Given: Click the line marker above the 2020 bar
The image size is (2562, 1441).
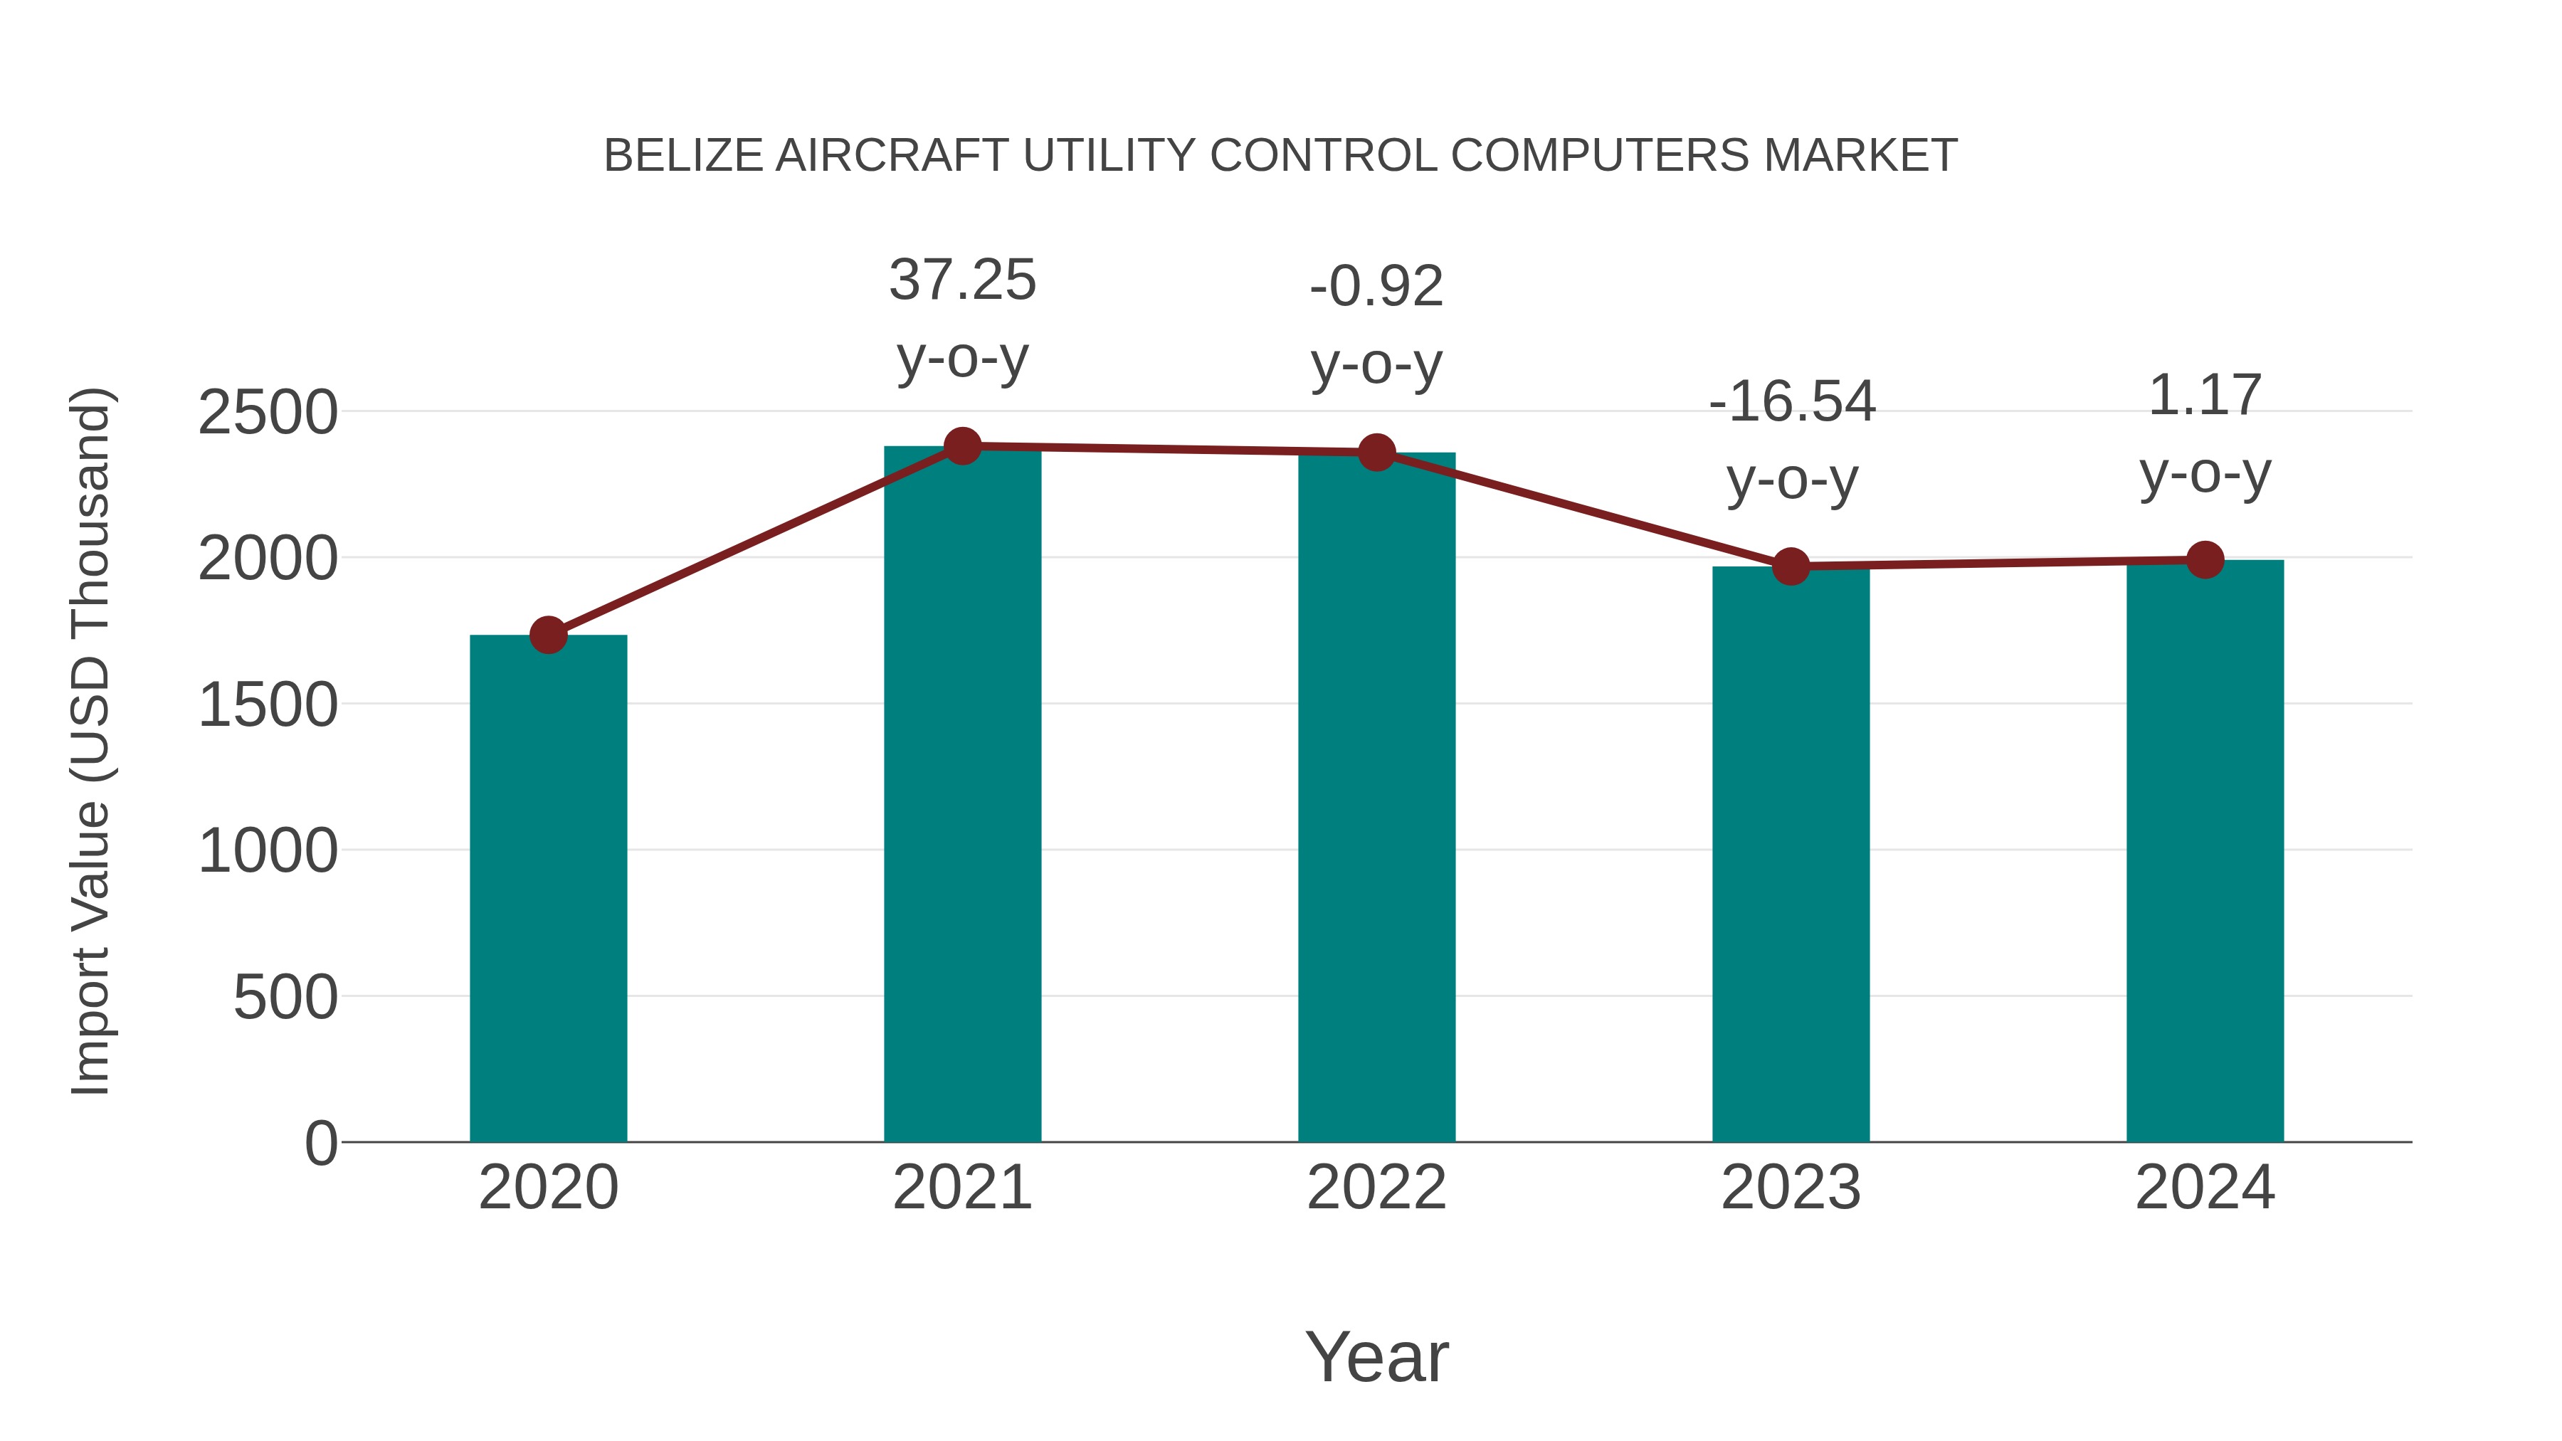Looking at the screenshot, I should point(548,635).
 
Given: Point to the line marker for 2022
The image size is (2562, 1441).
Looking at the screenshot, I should point(1376,453).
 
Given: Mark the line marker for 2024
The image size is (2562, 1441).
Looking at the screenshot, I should point(2205,560).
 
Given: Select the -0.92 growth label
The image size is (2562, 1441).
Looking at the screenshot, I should point(1376,325).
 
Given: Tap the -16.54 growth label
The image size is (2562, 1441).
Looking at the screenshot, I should point(1791,440).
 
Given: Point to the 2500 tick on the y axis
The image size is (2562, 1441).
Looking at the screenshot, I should point(268,413).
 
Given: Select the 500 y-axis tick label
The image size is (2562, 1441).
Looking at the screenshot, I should point(285,998).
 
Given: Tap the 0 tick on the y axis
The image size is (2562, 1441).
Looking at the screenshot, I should point(320,1144).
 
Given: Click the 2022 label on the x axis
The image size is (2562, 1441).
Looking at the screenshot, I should point(1376,1188).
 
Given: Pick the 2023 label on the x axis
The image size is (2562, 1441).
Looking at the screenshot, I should point(1791,1188).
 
